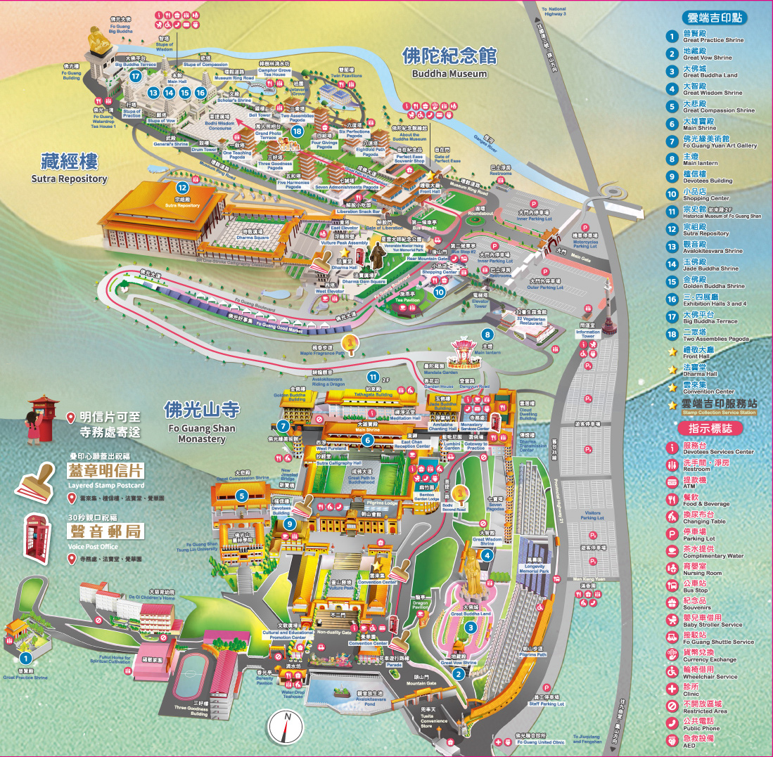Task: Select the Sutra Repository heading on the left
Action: tap(68, 168)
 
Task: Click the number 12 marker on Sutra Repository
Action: tap(182, 188)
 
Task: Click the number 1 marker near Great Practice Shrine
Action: tap(25, 658)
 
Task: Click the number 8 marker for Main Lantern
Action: tap(486, 335)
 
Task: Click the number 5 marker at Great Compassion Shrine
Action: tap(243, 496)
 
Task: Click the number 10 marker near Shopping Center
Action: tap(439, 292)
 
